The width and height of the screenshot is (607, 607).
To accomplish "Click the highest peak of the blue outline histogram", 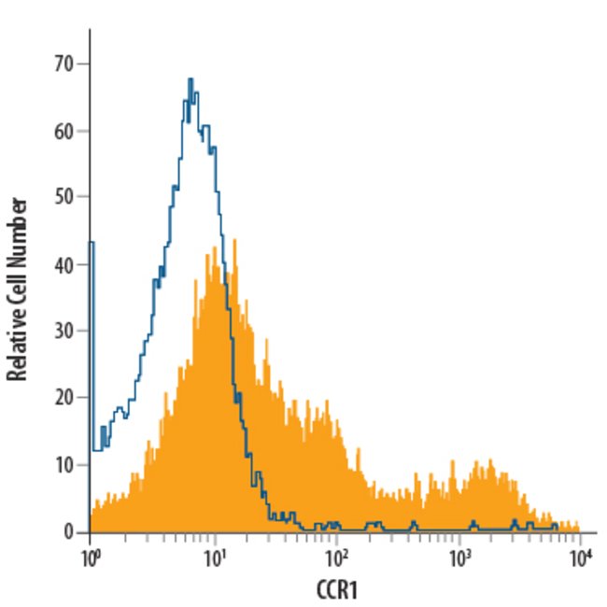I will [191, 80].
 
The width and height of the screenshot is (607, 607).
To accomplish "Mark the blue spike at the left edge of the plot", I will [91, 245].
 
